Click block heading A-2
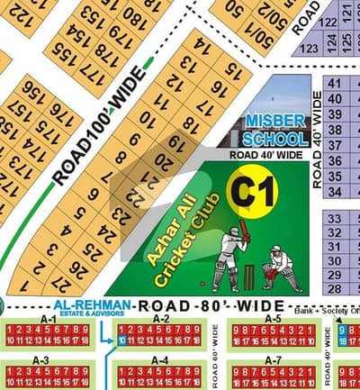pyautogui.click(x=160, y=319)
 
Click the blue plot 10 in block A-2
pyautogui.click(x=121, y=341)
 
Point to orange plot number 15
pyautogui.click(x=234, y=69)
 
